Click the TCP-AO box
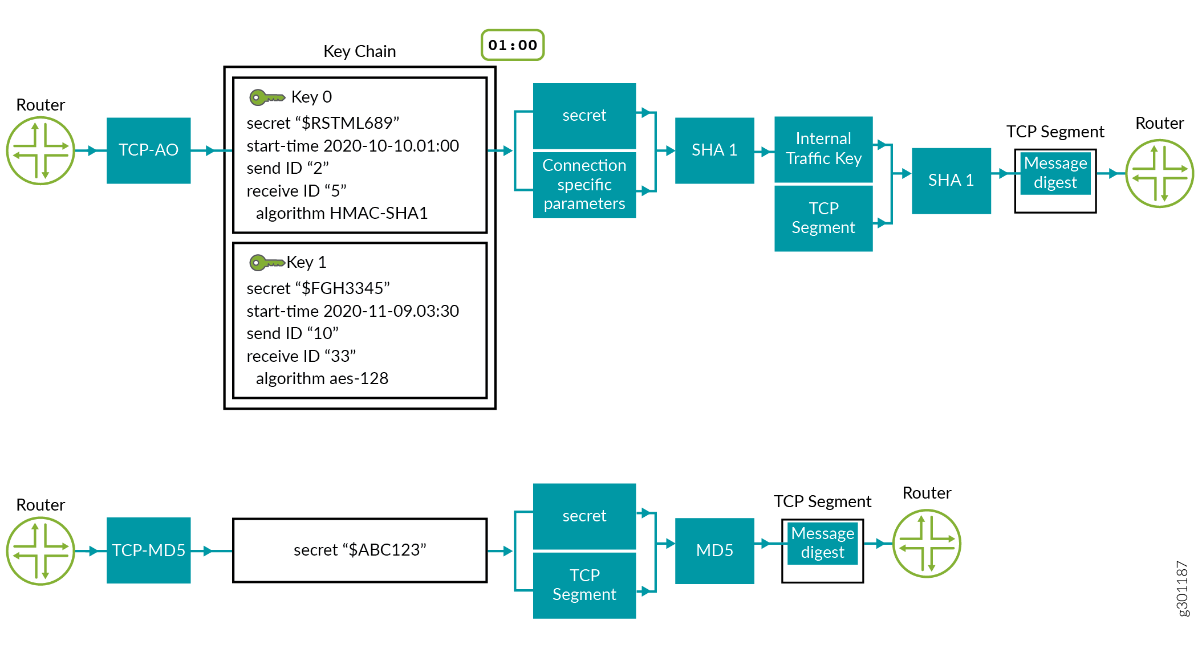point(148,150)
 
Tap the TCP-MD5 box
point(148,550)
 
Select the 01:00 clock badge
point(513,45)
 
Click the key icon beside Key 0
point(267,97)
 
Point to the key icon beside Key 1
point(267,263)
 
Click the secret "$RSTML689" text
point(323,123)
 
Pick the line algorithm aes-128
point(322,378)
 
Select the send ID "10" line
point(293,333)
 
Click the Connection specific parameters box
point(584,185)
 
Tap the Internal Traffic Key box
point(823,149)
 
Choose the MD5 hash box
point(714,550)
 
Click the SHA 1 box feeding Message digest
point(951,181)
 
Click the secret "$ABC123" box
point(360,550)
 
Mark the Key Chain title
point(359,51)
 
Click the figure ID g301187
point(1183,589)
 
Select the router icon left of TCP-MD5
point(40,550)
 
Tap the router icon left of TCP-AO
point(40,150)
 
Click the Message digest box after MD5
point(822,544)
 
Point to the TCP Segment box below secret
point(584,585)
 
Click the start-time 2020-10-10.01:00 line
point(352,146)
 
